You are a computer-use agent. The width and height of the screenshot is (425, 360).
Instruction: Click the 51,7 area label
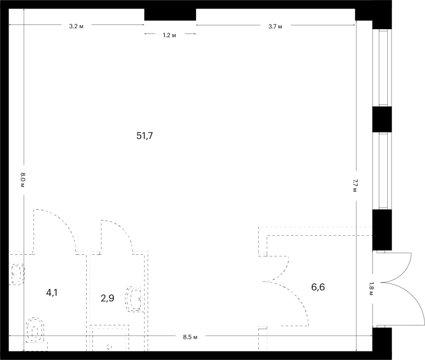point(144,135)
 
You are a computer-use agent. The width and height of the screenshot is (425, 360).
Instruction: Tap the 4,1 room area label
point(52,293)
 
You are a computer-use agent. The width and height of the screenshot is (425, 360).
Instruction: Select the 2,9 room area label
point(107,298)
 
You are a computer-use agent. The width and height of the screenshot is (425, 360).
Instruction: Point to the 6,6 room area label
point(318,287)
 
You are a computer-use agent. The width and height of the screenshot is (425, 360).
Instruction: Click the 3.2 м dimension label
point(76,26)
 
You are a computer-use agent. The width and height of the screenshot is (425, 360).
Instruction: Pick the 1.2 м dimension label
point(169,35)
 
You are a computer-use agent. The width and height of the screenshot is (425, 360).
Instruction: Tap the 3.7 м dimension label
point(275,27)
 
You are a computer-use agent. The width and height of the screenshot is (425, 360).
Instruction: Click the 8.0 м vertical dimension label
point(22,180)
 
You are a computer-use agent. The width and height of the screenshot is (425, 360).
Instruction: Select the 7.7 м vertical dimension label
point(355,185)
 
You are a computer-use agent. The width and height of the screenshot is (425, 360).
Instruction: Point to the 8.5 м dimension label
point(190,337)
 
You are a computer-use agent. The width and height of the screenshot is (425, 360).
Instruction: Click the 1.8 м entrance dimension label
point(371,289)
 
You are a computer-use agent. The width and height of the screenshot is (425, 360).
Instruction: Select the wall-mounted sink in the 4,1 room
point(17,273)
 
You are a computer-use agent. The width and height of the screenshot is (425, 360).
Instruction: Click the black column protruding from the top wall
point(170,14)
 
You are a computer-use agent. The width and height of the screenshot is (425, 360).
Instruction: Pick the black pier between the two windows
point(382,119)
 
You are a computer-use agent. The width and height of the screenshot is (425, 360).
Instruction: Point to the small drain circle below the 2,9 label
point(109,347)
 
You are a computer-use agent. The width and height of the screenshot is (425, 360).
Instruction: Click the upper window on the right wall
point(382,68)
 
